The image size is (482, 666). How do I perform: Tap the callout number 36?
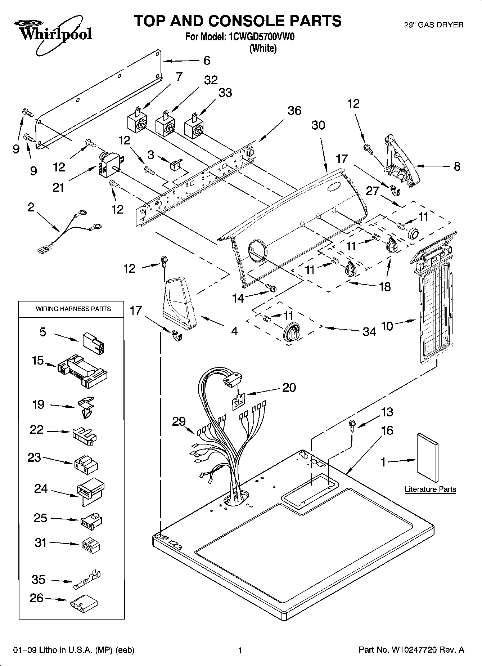(294, 110)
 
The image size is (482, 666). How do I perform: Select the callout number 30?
(318, 125)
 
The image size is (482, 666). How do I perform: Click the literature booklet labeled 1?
(428, 457)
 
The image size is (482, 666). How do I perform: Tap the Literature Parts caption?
(430, 489)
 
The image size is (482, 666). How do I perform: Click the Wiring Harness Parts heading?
(73, 309)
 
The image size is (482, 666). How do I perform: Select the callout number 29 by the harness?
(179, 421)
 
